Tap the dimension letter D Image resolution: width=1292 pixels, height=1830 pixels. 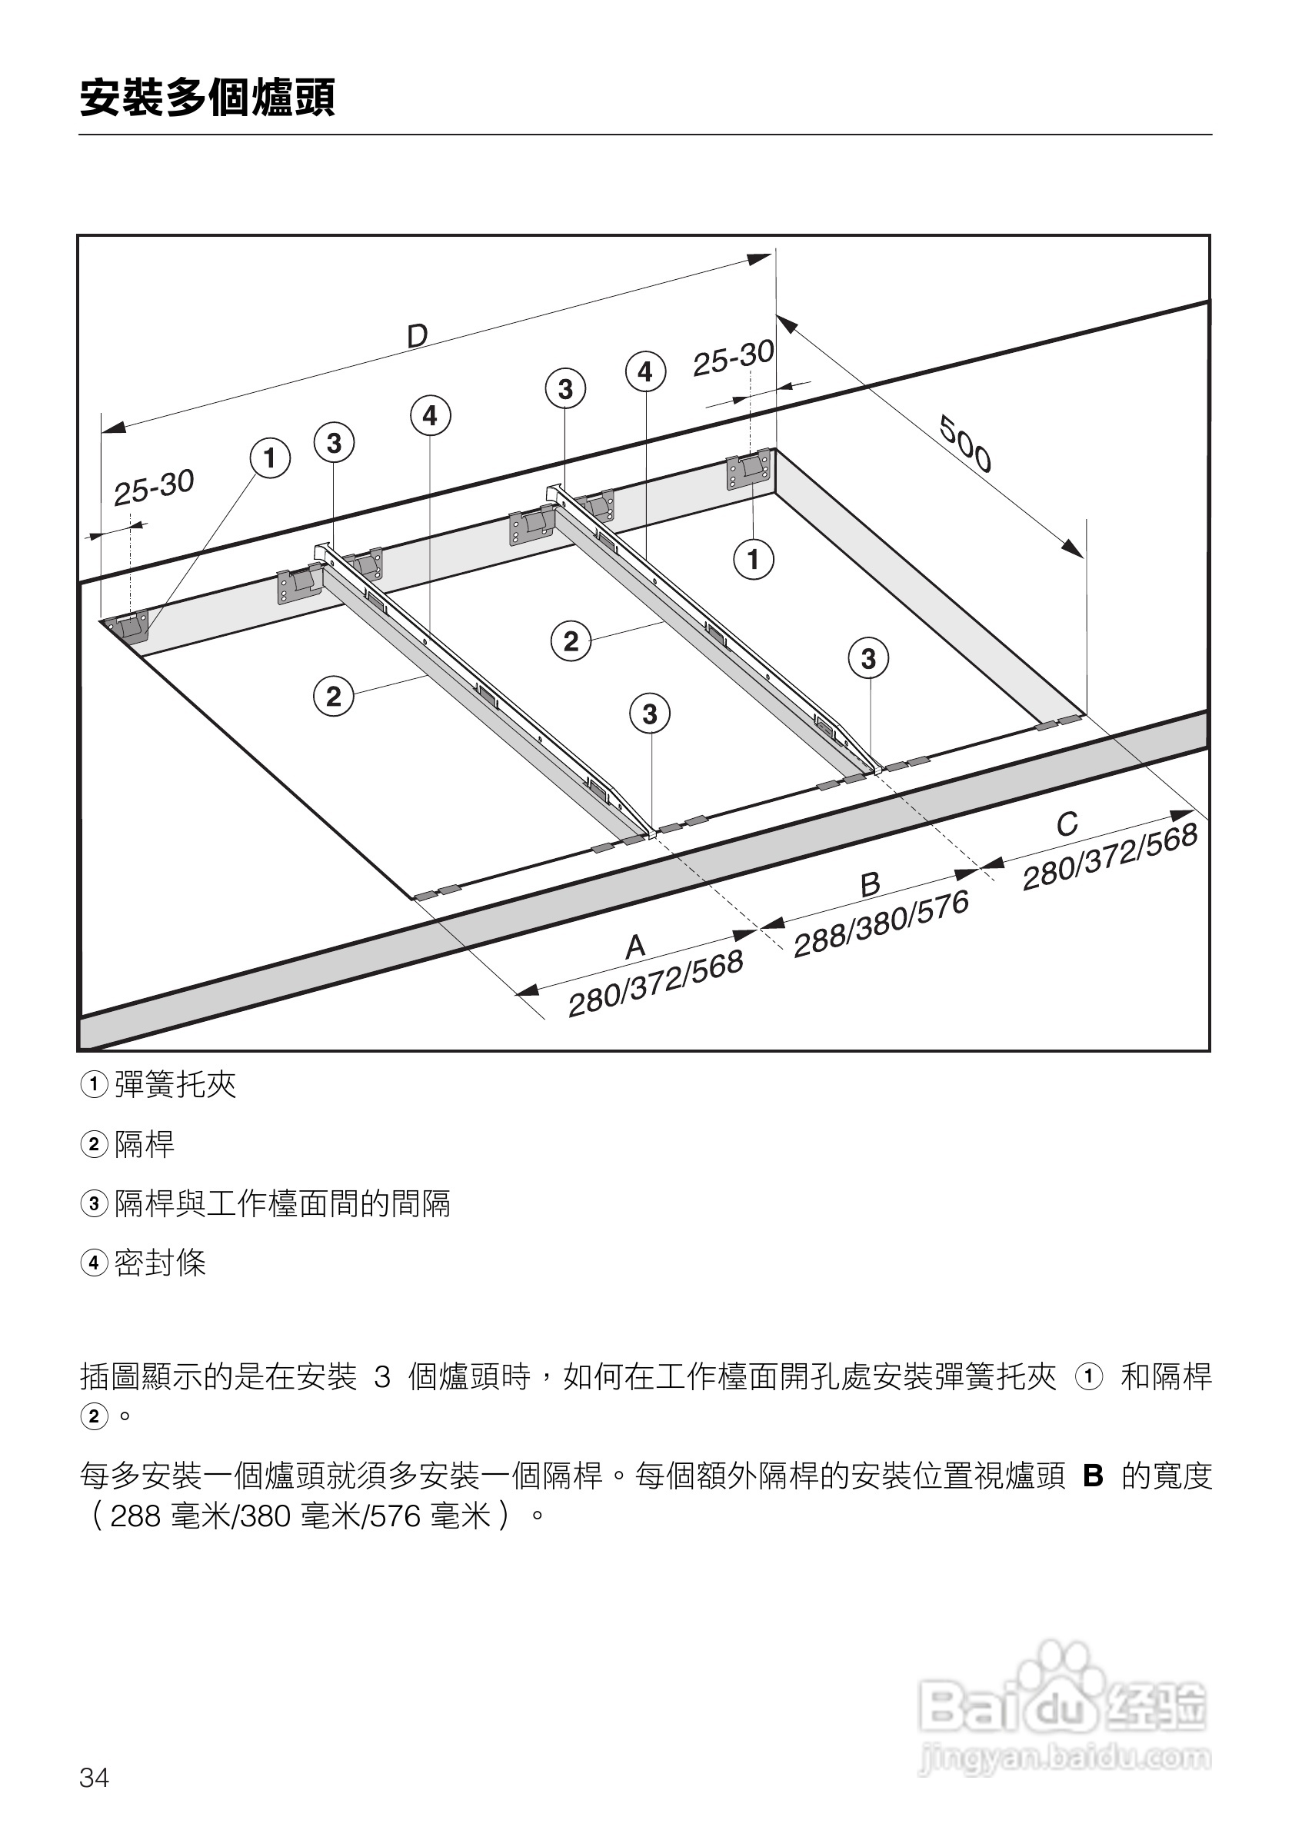tap(417, 336)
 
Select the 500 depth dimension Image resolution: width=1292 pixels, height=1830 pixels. tap(965, 444)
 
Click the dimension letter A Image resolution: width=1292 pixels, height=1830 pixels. tap(634, 947)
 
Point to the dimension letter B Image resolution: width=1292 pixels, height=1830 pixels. tap(871, 884)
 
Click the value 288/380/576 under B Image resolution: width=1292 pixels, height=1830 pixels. tap(881, 923)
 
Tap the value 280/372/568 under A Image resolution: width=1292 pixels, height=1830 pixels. tap(655, 983)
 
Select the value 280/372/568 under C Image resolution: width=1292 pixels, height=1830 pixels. tap(1110, 857)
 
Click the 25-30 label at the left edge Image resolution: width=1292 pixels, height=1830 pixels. tap(154, 487)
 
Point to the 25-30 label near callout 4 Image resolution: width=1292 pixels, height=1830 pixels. tap(733, 358)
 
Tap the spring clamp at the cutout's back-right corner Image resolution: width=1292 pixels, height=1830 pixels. tap(748, 471)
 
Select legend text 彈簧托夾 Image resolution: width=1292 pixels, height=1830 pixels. tap(175, 1085)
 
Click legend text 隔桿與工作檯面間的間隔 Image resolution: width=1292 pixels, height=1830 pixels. tap(282, 1203)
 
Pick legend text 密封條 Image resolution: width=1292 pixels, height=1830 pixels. tap(160, 1263)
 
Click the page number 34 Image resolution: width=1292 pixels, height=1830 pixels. tap(94, 1778)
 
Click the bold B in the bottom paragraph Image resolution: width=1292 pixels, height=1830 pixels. tap(1093, 1477)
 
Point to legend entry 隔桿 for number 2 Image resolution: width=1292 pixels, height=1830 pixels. tap(145, 1145)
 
